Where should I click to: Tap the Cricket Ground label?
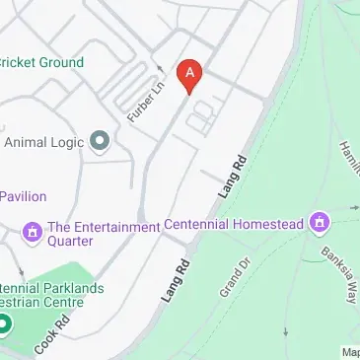pos(41,62)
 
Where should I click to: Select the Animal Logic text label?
pos(43,142)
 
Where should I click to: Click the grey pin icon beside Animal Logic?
pos(99,142)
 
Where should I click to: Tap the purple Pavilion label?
pos(23,196)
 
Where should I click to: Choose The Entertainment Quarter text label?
pos(91,233)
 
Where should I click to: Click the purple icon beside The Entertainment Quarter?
pos(32,232)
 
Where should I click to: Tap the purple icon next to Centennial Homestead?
pos(319,222)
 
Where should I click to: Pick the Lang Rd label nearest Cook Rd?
pos(174,280)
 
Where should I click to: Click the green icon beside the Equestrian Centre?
pos(4,324)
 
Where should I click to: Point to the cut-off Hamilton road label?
pos(348,157)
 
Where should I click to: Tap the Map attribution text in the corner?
pos(350,352)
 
